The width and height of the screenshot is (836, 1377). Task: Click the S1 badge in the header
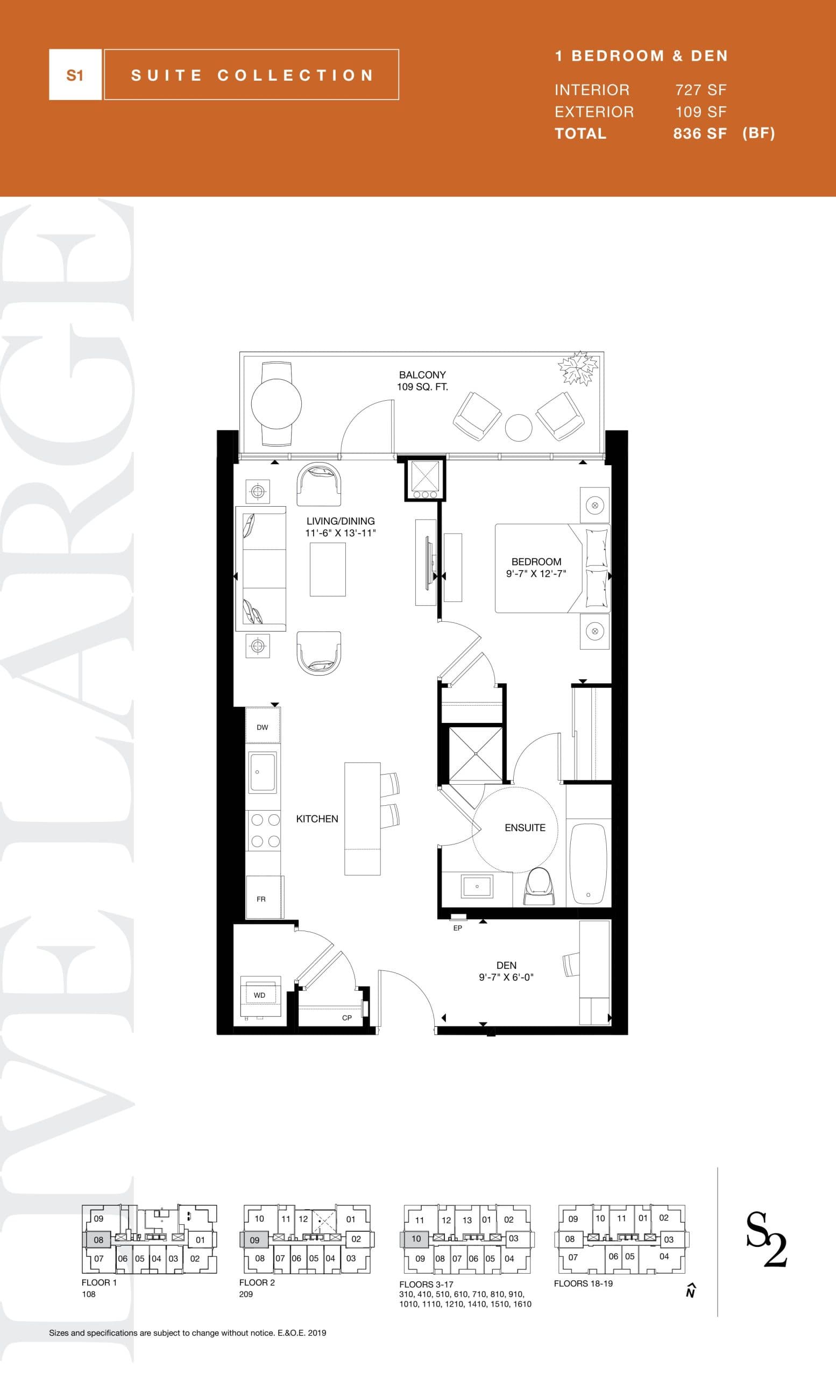click(x=75, y=75)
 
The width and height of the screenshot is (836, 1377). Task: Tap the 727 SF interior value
click(x=701, y=90)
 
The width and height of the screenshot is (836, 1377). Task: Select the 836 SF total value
click(x=700, y=133)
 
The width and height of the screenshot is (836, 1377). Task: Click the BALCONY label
click(x=422, y=375)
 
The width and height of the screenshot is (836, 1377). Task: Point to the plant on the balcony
click(x=578, y=368)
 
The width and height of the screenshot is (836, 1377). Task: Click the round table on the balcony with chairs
click(x=276, y=403)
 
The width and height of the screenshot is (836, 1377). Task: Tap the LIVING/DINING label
click(x=341, y=521)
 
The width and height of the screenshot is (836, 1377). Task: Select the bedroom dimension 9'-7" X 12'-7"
click(x=536, y=573)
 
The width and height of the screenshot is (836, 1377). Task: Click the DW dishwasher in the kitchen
click(x=263, y=727)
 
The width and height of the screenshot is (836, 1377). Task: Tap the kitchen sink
click(x=263, y=772)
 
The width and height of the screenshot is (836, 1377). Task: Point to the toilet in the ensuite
click(x=539, y=886)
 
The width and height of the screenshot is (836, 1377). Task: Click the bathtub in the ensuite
click(x=589, y=863)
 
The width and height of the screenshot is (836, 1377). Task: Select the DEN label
click(x=506, y=965)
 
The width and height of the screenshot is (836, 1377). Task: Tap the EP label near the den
click(x=458, y=928)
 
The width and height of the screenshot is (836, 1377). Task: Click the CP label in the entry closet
click(x=347, y=1018)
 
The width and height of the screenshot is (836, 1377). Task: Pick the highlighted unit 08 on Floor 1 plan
click(x=98, y=1239)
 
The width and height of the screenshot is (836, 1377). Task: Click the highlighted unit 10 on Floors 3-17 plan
click(x=416, y=1238)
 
